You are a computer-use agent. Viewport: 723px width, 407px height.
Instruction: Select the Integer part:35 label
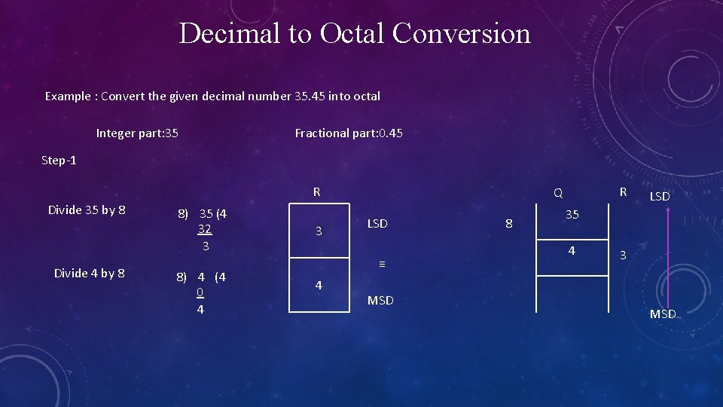coord(137,133)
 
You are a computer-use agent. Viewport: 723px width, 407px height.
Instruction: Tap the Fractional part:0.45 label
coord(349,133)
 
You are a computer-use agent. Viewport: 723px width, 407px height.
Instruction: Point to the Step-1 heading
coord(59,161)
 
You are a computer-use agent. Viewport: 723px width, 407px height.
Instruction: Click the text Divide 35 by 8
coord(87,210)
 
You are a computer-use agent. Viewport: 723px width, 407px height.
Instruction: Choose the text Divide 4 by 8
coord(90,273)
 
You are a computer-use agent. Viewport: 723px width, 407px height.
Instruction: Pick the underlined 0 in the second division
coord(199,292)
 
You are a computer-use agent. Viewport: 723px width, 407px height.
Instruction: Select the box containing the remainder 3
coord(319,231)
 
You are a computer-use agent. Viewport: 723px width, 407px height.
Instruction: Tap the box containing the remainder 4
coord(319,285)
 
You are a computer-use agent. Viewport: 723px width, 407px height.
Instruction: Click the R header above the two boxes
coord(317,192)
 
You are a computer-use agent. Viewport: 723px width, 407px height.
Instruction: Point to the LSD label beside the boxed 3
coord(377,224)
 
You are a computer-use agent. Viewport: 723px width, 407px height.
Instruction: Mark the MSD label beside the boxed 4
coord(380,301)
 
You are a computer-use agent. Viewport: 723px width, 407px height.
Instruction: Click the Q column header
coord(558,193)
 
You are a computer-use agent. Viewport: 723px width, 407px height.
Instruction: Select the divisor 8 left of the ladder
coord(509,224)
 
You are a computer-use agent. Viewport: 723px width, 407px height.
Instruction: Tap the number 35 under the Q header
coord(572,215)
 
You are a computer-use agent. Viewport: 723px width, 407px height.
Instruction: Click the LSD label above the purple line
coord(660,196)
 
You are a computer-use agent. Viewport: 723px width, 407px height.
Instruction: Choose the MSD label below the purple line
coord(663,314)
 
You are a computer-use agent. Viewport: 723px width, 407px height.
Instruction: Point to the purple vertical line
coord(667,256)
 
